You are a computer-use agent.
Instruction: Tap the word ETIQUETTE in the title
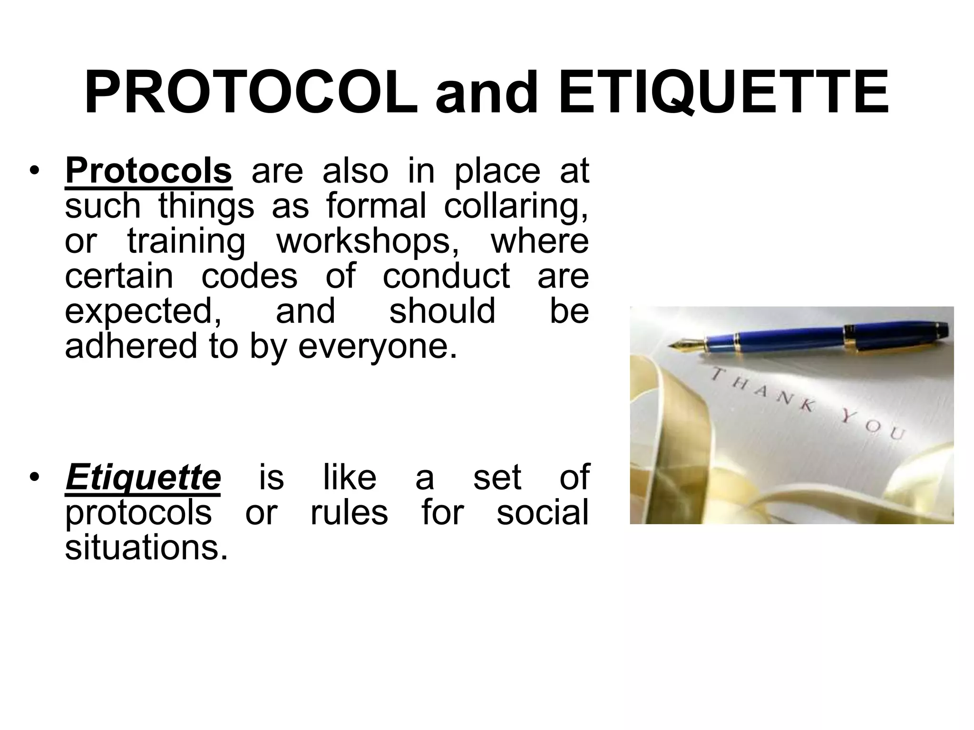tap(723, 93)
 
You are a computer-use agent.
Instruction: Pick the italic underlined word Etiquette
tap(143, 478)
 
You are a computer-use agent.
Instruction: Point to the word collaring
tap(516, 207)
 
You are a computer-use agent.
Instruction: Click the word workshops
tap(364, 241)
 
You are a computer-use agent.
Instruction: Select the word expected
tap(143, 312)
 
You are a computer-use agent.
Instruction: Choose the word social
tap(543, 513)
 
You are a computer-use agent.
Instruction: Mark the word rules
tap(349, 513)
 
